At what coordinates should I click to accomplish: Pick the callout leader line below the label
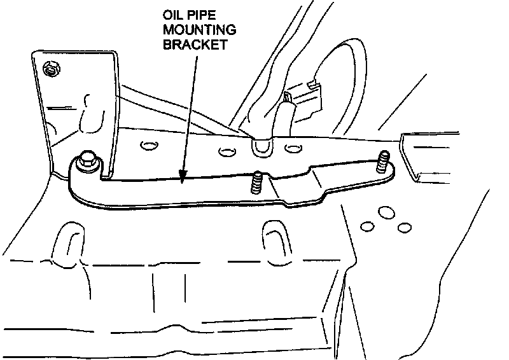click(190, 108)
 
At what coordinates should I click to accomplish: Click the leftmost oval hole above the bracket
click(148, 147)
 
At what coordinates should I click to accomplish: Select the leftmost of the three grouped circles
click(366, 226)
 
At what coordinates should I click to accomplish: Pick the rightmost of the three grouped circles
click(402, 227)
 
